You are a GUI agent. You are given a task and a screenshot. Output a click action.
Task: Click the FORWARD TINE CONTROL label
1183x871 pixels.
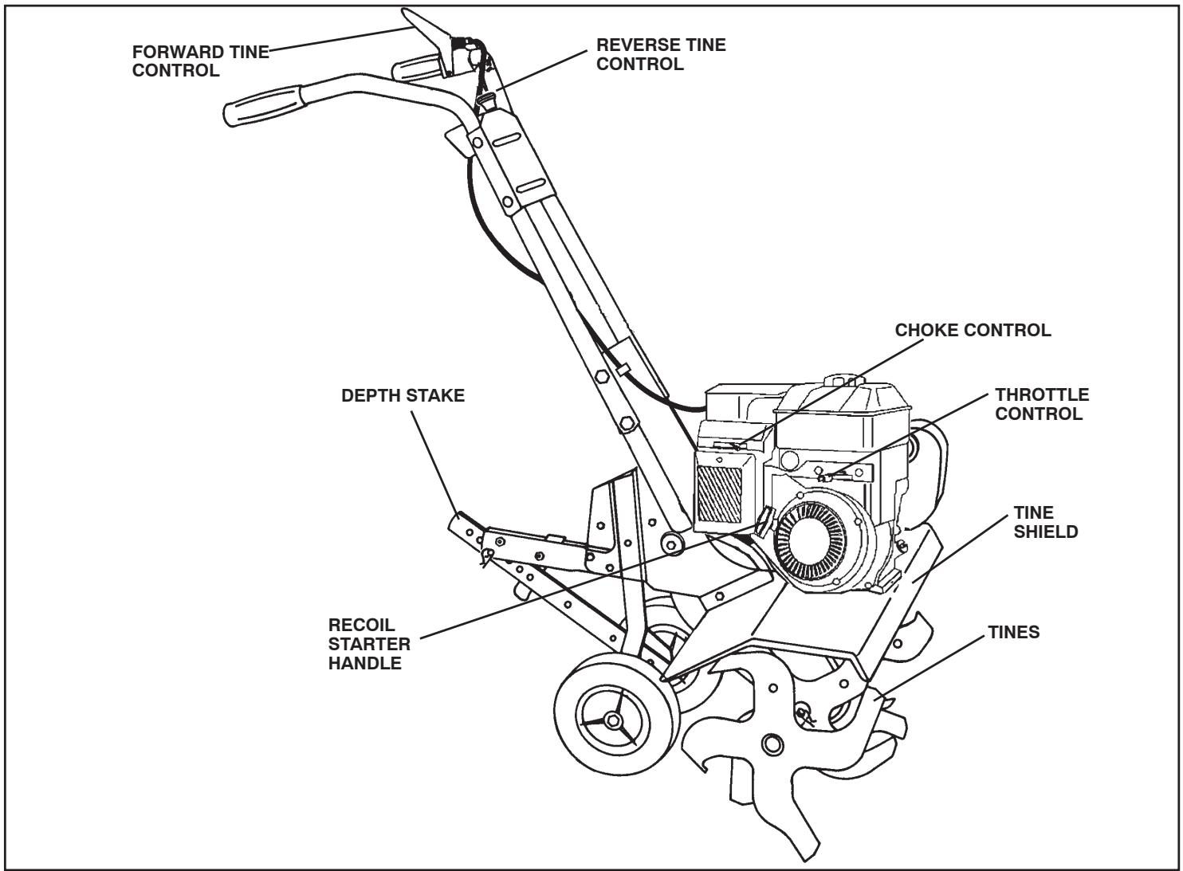click(x=201, y=61)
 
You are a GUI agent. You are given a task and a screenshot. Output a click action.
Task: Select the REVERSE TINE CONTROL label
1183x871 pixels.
click(x=661, y=55)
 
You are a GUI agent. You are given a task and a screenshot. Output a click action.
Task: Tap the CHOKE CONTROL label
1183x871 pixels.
click(x=973, y=330)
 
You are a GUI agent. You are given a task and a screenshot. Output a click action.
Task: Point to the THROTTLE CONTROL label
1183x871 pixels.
click(x=1041, y=404)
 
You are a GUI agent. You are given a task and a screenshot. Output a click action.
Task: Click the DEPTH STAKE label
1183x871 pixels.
click(x=403, y=396)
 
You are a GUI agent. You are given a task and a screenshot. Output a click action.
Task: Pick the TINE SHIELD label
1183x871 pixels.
click(x=1045, y=522)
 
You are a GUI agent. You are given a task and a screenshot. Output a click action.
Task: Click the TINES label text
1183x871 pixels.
click(x=1013, y=633)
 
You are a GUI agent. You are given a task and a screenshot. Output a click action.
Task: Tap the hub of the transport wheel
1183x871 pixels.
click(x=612, y=720)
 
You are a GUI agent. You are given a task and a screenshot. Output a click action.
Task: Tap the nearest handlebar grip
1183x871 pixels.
click(x=260, y=103)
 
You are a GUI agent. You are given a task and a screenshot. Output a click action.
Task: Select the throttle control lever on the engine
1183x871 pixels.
click(x=827, y=477)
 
